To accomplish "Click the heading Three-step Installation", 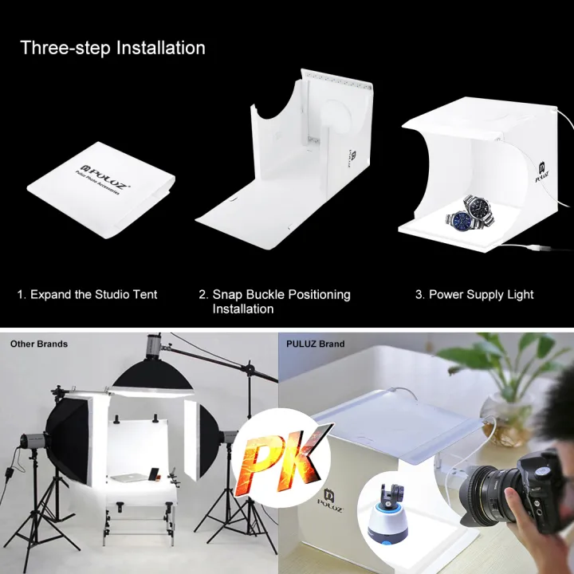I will tap(112, 48).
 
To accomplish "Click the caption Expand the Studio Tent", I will tap(88, 295).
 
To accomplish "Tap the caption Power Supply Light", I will tap(474, 295).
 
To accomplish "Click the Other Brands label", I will tap(38, 344).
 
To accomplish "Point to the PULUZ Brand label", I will tap(316, 344).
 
